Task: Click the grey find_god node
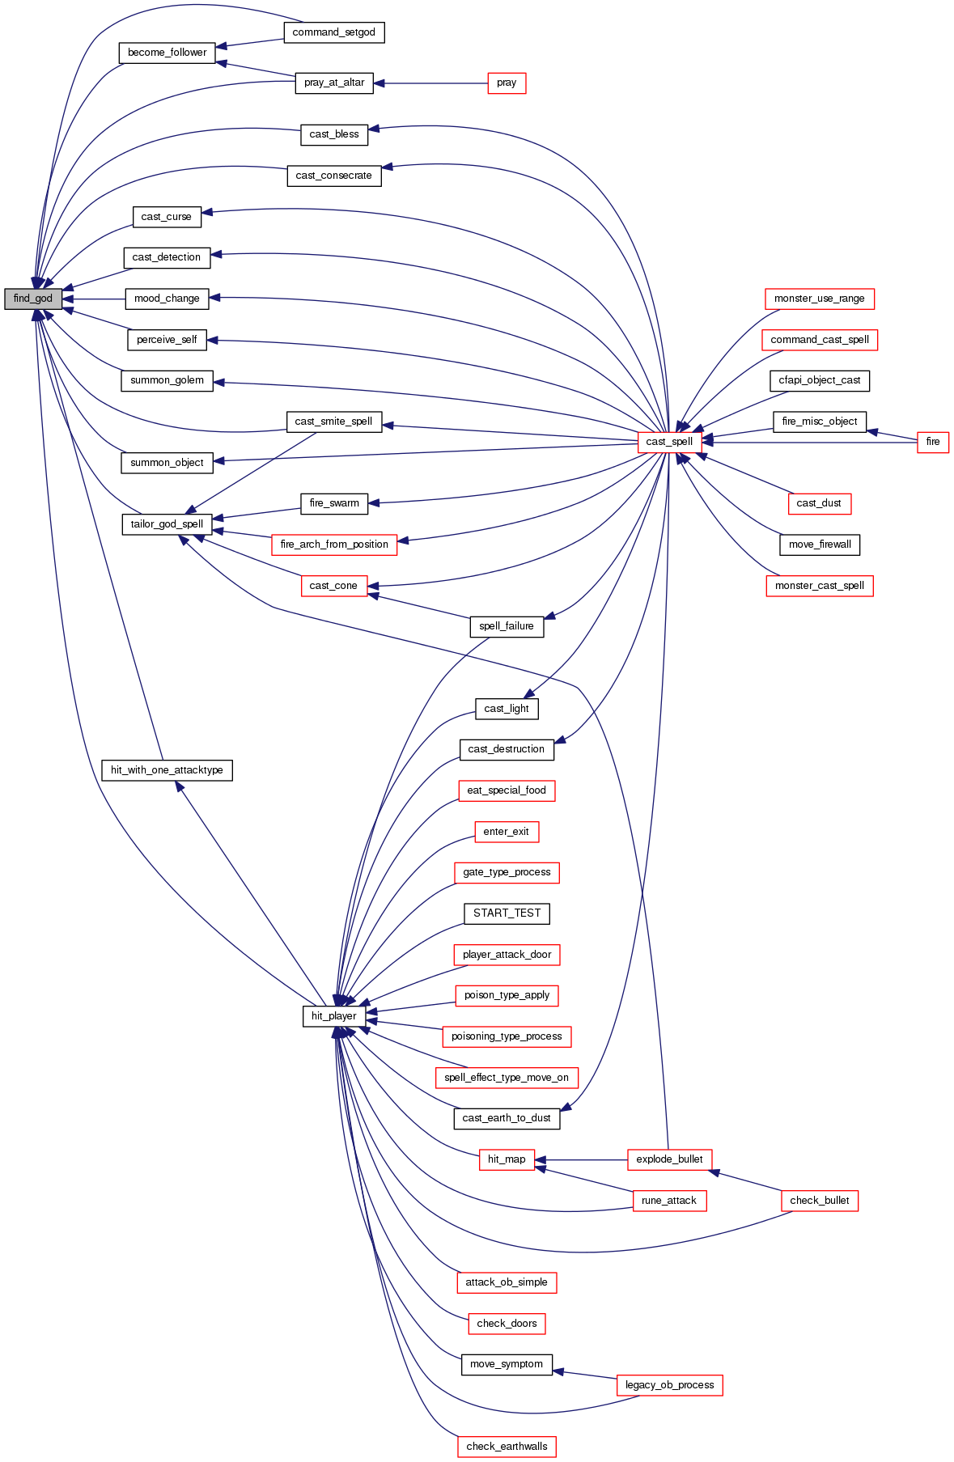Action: pos(33,299)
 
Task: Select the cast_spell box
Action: pos(669,442)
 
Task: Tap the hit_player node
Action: pos(333,1016)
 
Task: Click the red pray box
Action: pos(507,83)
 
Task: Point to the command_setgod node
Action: pos(333,32)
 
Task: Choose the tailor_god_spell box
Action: pos(167,524)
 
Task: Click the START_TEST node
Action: pos(507,913)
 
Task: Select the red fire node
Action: pos(932,442)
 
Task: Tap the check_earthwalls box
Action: pos(507,1447)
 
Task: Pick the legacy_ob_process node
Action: pos(669,1385)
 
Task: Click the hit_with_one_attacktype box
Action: pos(167,770)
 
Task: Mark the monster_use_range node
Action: pos(819,299)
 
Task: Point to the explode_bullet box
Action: pos(669,1159)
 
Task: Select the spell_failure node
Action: pos(507,626)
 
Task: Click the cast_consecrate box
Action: pos(333,176)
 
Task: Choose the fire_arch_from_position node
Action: pos(334,545)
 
